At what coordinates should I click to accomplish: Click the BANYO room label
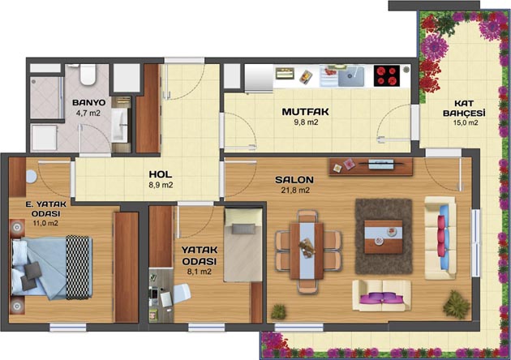pyautogui.click(x=89, y=103)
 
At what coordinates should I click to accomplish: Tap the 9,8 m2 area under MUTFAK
pyautogui.click(x=305, y=122)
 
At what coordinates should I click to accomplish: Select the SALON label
pyautogui.click(x=294, y=180)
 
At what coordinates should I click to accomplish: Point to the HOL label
pyautogui.click(x=161, y=174)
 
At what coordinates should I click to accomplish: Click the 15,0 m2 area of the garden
pyautogui.click(x=466, y=122)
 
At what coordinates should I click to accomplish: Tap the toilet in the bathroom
pyautogui.click(x=88, y=75)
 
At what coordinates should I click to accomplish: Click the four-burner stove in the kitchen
pyautogui.click(x=387, y=75)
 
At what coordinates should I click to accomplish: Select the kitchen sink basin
pyautogui.click(x=351, y=76)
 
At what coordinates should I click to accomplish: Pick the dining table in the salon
pyautogui.click(x=307, y=251)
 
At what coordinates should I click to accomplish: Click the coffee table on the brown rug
pyautogui.click(x=384, y=237)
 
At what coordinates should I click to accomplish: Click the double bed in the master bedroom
pyautogui.click(x=52, y=267)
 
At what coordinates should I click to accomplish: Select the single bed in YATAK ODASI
pyautogui.click(x=243, y=245)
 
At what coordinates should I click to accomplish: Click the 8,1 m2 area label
pyautogui.click(x=200, y=272)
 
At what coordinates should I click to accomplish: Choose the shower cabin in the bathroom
pyautogui.click(x=46, y=97)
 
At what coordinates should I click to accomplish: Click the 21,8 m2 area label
pyautogui.click(x=295, y=191)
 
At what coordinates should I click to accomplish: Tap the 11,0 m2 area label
pyautogui.click(x=45, y=224)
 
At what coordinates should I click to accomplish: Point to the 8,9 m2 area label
pyautogui.click(x=161, y=185)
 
